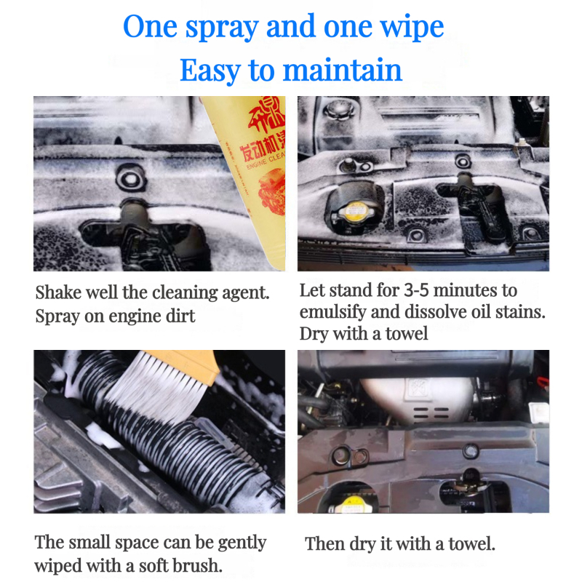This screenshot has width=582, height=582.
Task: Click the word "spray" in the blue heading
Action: [222, 28]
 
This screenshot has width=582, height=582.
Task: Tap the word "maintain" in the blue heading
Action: [342, 70]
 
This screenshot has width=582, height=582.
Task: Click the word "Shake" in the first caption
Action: [58, 292]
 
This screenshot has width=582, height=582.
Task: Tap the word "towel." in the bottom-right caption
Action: [471, 543]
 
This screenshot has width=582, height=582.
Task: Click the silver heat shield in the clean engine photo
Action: [420, 400]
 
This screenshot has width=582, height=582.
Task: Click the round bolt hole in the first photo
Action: [131, 178]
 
